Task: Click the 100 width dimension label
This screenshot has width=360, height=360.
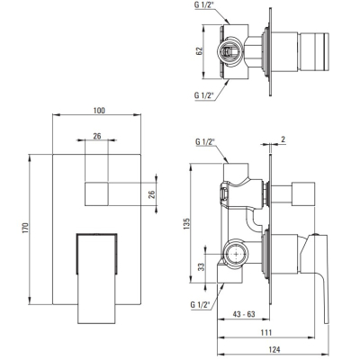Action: pos(99,111)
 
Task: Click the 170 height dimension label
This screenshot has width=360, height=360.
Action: pos(25,228)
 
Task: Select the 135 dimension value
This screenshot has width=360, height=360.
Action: pos(186,224)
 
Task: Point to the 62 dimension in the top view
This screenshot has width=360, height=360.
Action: pos(200,51)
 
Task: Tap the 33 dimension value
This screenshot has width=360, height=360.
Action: pos(202,266)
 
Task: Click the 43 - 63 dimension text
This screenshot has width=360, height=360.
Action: pos(244,314)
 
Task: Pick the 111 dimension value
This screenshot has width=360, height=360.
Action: pos(265,332)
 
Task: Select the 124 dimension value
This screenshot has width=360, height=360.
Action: pos(274,349)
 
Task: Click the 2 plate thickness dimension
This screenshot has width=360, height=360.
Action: pos(283,139)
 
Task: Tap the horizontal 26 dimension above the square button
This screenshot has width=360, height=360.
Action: pos(97,136)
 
